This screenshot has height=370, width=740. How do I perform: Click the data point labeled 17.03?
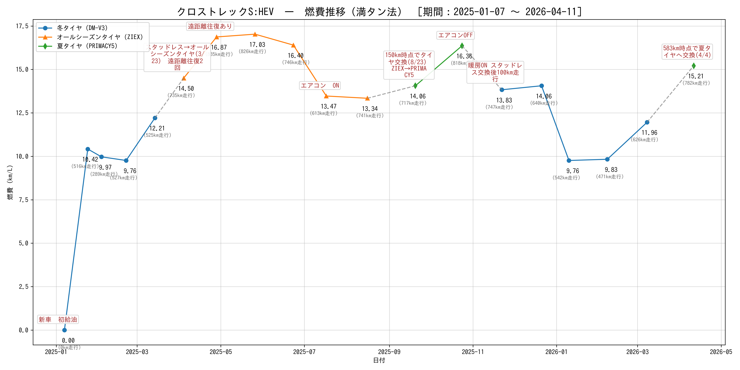pyautogui.click(x=255, y=35)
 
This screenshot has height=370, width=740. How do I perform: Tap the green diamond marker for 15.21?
pyautogui.click(x=693, y=66)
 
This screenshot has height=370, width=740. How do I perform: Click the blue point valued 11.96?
pyautogui.click(x=647, y=122)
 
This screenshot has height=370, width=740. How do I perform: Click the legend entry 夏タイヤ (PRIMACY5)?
pyautogui.click(x=87, y=46)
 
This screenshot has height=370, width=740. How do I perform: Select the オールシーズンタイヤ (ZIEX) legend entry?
pyautogui.click(x=100, y=37)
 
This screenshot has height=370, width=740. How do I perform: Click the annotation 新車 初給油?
pyautogui.click(x=58, y=319)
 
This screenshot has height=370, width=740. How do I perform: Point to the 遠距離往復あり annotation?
pyautogui.click(x=210, y=26)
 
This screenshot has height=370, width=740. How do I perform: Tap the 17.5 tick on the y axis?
pyautogui.click(x=22, y=26)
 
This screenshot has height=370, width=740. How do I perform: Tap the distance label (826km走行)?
pyautogui.click(x=253, y=51)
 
